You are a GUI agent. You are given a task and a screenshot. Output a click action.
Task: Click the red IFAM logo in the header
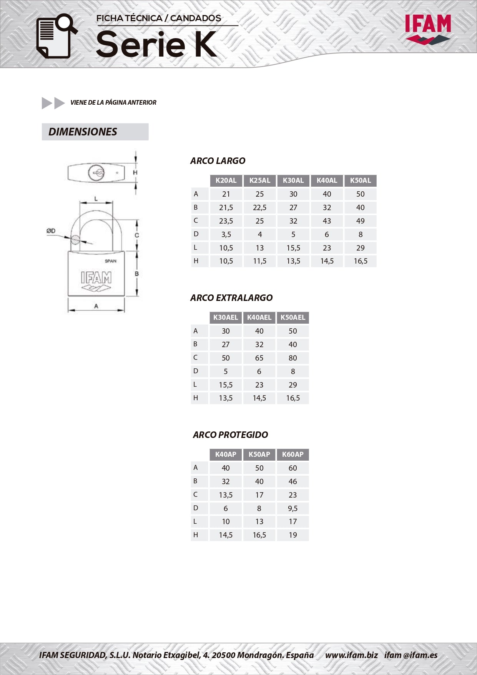click(x=428, y=29)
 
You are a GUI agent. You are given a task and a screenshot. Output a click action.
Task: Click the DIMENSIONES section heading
click(x=83, y=132)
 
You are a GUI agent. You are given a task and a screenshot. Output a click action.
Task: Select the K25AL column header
click(x=259, y=180)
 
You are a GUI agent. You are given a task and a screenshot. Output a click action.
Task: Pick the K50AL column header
click(x=360, y=180)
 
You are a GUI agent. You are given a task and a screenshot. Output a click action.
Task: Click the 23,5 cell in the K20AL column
click(x=226, y=221)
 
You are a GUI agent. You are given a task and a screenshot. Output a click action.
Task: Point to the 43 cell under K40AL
click(x=327, y=221)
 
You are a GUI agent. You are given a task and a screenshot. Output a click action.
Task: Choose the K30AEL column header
click(x=226, y=317)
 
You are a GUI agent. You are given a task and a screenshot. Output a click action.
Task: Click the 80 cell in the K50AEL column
click(x=293, y=358)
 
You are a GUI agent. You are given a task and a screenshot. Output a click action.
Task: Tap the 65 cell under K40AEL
click(x=259, y=358)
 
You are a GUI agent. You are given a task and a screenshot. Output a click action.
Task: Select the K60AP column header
click(x=293, y=454)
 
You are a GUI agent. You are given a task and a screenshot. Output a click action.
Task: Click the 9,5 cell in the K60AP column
click(x=293, y=508)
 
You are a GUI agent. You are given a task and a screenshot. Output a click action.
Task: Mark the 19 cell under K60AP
click(x=293, y=535)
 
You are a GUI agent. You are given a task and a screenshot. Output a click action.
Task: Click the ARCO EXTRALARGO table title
click(x=231, y=298)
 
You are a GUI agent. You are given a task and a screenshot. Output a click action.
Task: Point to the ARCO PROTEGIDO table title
click(x=231, y=435)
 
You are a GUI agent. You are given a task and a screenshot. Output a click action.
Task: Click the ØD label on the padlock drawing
click(x=51, y=231)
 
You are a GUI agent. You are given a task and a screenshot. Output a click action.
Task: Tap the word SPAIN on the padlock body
click(x=110, y=261)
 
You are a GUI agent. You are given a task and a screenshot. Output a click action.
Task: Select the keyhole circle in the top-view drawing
click(x=96, y=173)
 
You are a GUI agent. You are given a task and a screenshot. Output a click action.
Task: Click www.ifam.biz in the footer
click(x=351, y=655)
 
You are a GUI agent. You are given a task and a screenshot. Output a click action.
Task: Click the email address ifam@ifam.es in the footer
click(x=411, y=655)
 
